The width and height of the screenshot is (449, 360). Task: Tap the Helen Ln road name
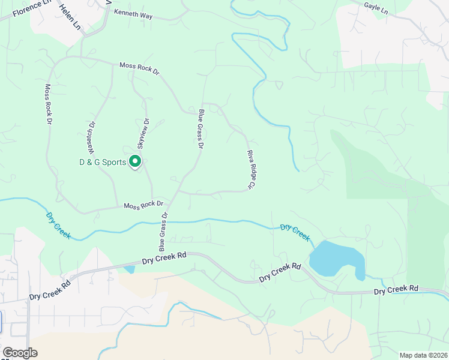coord(70,17)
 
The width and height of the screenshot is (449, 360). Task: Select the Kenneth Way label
coord(133,13)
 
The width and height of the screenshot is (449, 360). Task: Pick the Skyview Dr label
coord(143,133)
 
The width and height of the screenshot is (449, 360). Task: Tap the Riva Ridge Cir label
coord(252,170)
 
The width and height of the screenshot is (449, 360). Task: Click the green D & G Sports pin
coord(135,161)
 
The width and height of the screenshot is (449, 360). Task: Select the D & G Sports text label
coord(103,162)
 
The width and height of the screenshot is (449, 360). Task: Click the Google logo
coord(20,353)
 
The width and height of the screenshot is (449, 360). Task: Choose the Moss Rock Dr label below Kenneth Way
coord(139,68)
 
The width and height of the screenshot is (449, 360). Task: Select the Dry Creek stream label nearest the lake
coord(295,233)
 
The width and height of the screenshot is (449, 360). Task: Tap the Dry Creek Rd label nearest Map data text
coord(396,290)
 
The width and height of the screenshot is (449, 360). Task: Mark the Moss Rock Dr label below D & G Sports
coord(143,205)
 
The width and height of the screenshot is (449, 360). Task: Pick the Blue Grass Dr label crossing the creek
coord(163,232)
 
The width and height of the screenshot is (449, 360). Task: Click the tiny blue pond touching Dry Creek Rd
coord(130,269)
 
